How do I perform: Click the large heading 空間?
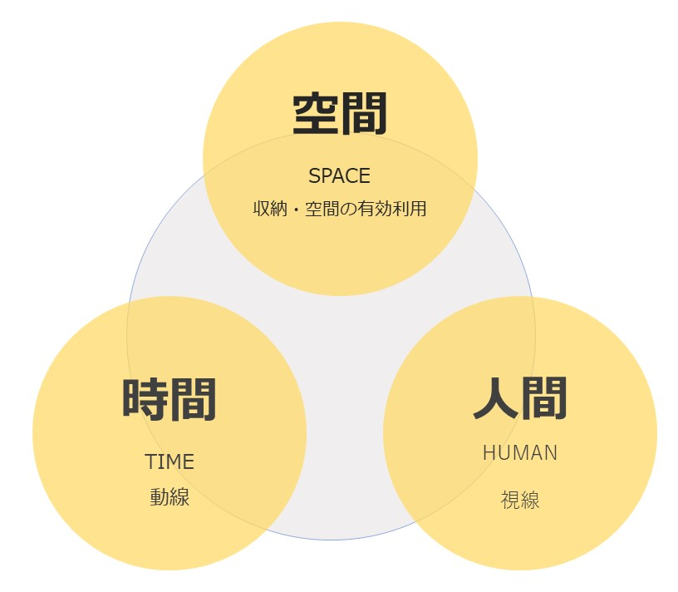340,114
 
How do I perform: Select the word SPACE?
339,176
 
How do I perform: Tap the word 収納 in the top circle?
268,209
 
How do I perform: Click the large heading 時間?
169,399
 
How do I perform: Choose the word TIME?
169,461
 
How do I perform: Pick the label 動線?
169,497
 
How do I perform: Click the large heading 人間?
520,399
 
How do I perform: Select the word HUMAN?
520,453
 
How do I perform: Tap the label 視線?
520,500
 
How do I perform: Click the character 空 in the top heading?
316,114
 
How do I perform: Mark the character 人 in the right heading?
496,399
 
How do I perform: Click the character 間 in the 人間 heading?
545,399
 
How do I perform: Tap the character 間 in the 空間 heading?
364,114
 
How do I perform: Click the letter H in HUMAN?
489,453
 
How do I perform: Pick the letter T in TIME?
150,461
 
